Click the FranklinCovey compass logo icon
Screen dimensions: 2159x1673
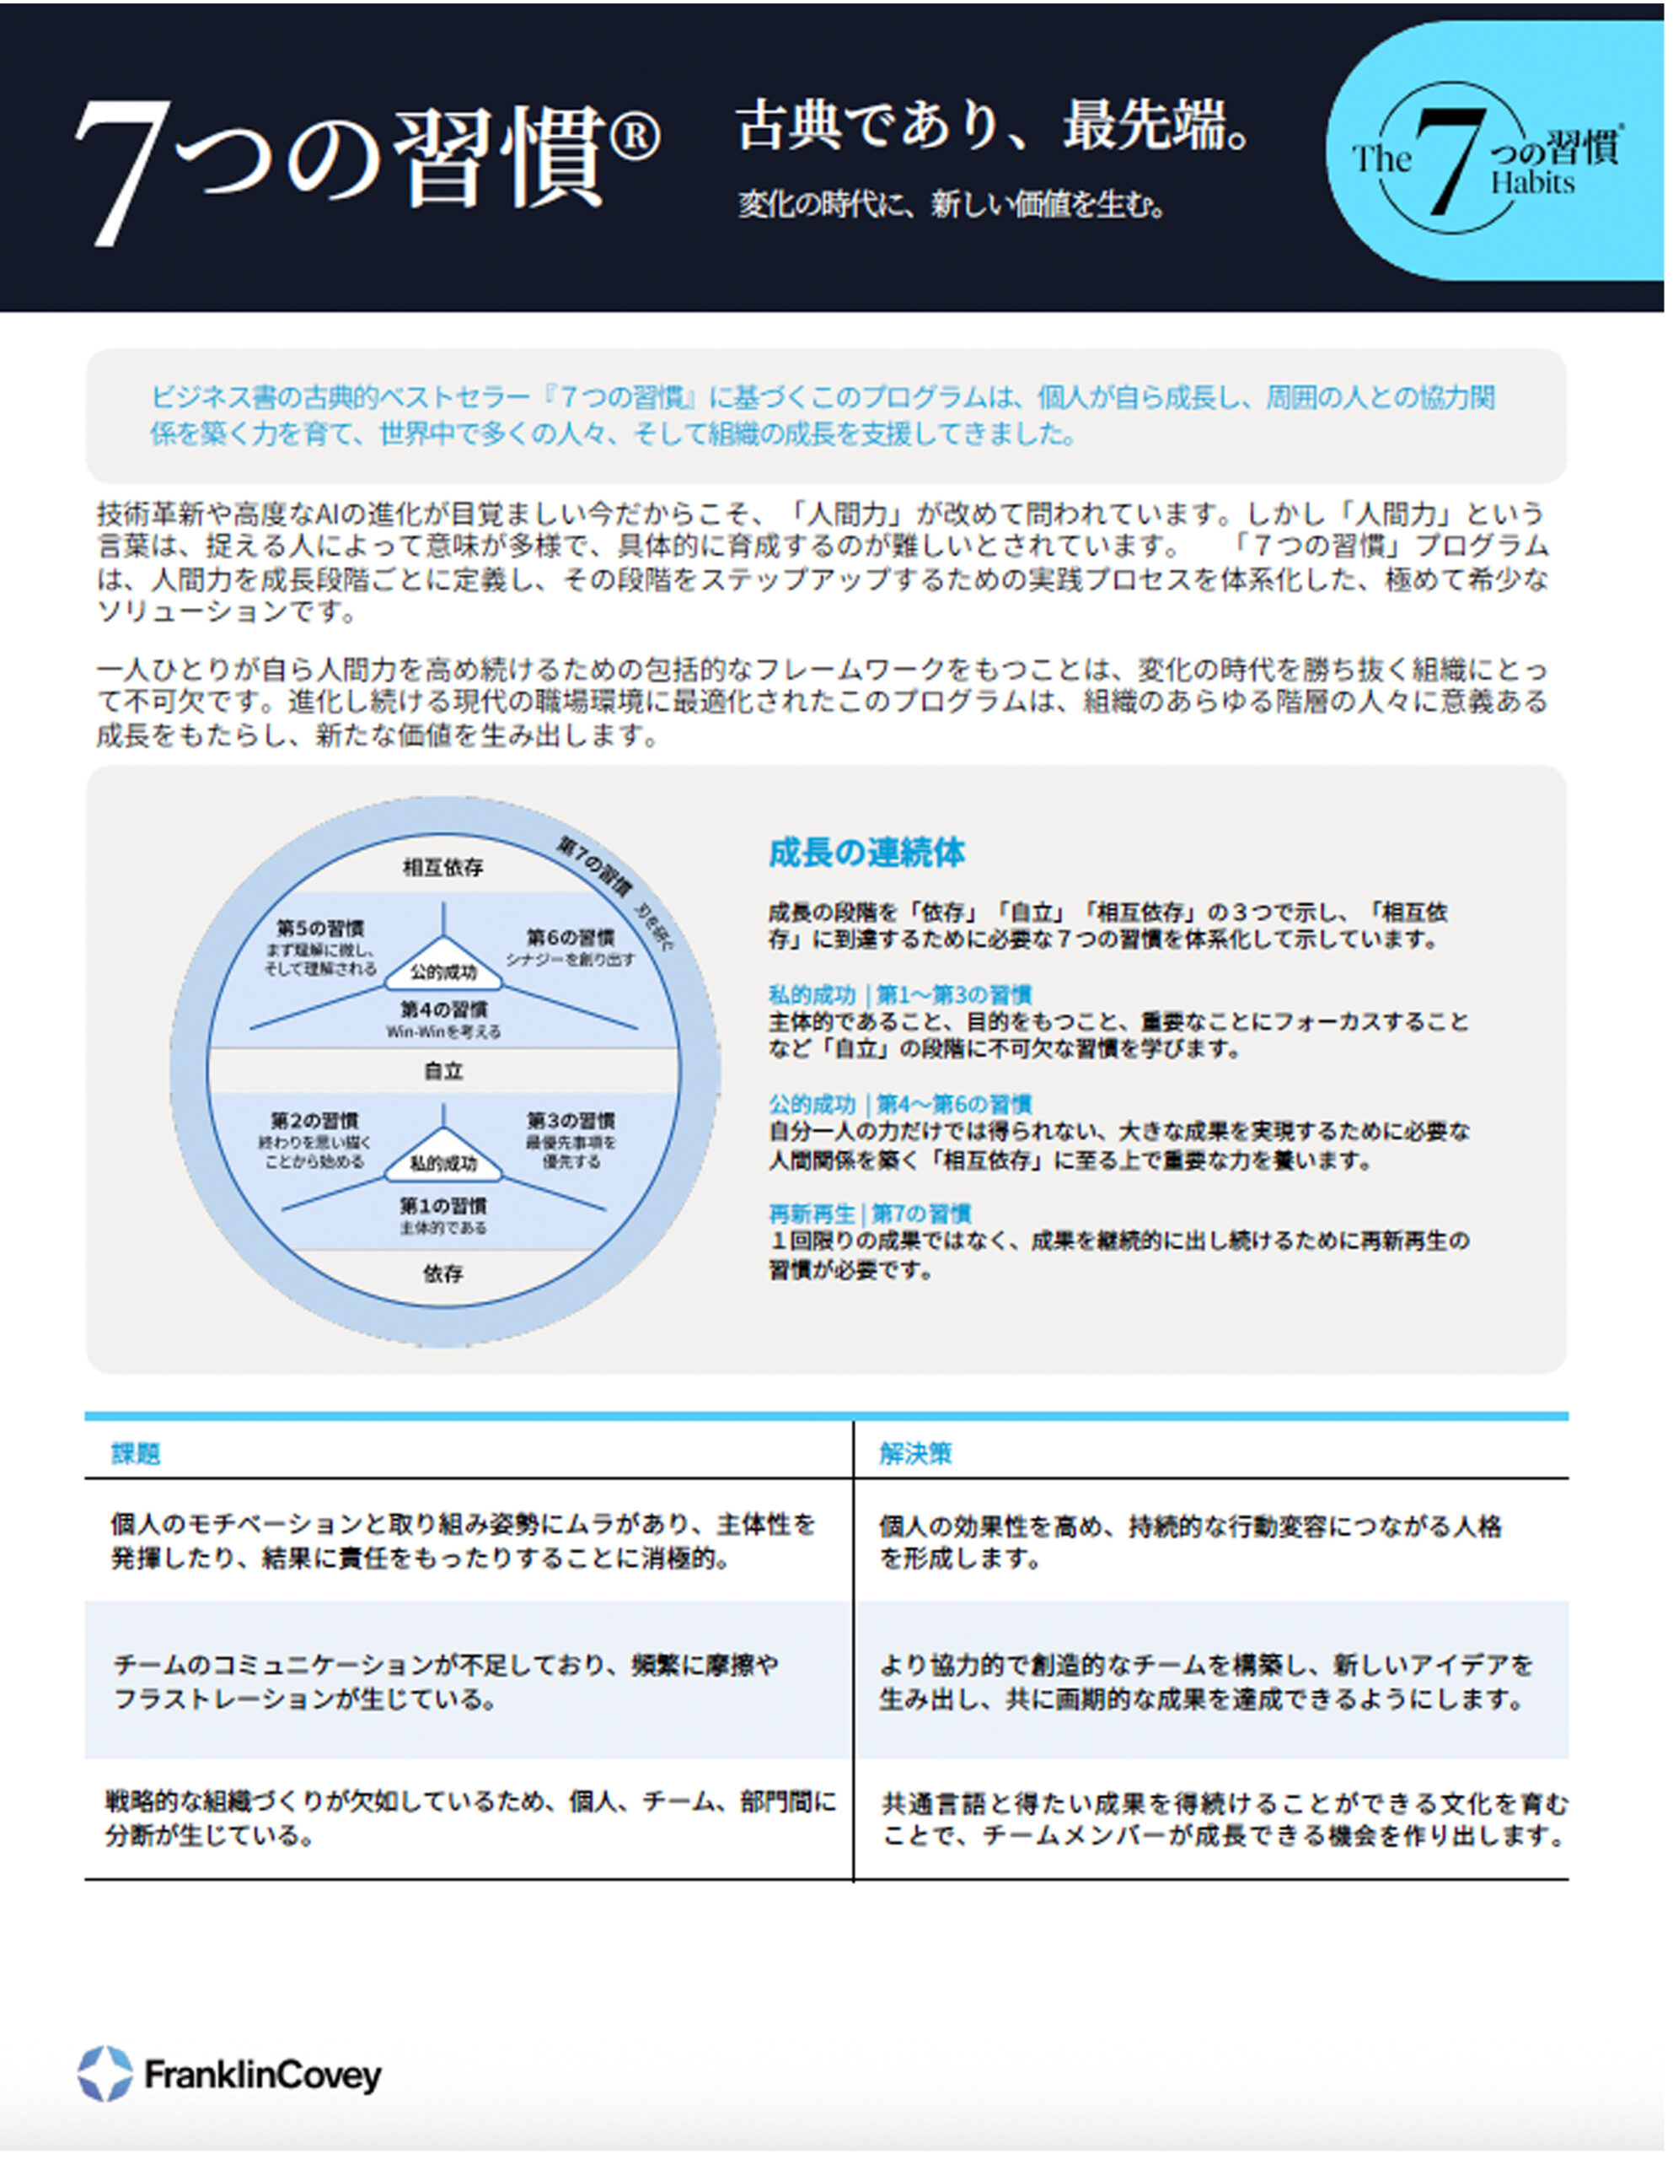click(105, 2073)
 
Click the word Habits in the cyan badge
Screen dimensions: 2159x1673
click(1533, 183)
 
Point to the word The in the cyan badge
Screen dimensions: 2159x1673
click(1381, 159)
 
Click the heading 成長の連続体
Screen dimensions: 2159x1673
click(866, 852)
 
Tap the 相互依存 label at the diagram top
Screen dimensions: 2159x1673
click(442, 867)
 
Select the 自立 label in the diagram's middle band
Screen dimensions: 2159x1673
click(442, 1070)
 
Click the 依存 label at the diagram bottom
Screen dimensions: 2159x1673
click(442, 1273)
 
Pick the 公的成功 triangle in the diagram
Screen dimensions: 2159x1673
click(442, 970)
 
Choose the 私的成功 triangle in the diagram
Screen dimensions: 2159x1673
click(442, 1161)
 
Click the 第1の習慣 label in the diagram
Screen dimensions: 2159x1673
click(442, 1206)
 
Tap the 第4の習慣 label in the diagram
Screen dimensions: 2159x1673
click(442, 1010)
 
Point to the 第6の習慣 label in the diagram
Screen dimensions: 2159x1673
click(571, 936)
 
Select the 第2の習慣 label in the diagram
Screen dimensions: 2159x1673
click(314, 1120)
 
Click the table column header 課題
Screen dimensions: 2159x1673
click(136, 1453)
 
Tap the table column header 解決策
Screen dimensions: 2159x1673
click(915, 1453)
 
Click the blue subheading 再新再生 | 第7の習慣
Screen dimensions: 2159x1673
click(870, 1213)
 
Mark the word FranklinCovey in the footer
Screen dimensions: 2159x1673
click(262, 2075)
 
